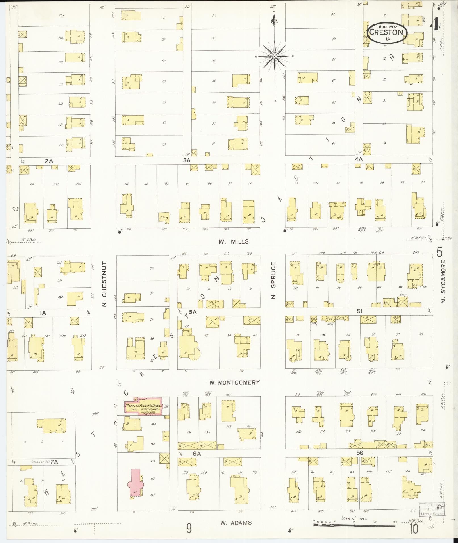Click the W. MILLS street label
[233, 242]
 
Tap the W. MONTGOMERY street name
[235, 382]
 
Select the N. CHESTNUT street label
[104, 284]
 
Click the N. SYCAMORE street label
[444, 281]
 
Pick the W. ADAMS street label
[236, 523]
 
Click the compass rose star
[275, 56]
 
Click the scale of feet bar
[354, 525]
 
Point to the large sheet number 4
[434, 25]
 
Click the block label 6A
[196, 454]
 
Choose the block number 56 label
[359, 453]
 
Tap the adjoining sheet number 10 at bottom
[414, 529]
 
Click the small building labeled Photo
[164, 217]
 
